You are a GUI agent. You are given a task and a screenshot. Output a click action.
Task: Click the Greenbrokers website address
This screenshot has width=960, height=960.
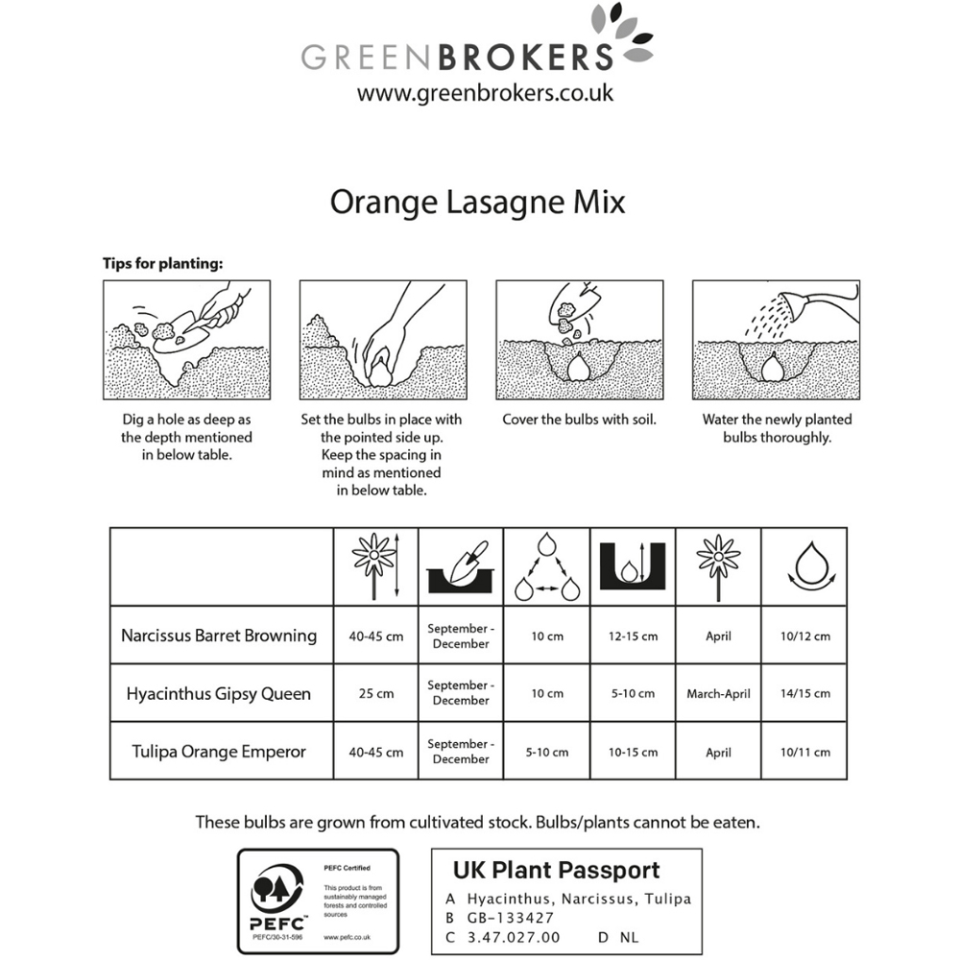pos(485,93)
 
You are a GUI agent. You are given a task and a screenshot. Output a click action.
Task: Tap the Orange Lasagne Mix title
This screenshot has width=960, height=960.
pos(477,204)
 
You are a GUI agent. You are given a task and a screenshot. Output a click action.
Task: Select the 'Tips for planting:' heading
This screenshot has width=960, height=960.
pos(162,262)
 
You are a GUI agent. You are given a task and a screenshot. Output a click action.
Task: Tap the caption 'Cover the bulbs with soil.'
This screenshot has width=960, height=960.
pos(579,420)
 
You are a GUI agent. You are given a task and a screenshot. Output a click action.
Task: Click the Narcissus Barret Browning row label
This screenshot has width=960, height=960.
pos(219,636)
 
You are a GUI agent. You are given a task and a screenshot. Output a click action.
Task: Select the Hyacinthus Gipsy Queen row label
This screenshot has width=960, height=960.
pos(219,693)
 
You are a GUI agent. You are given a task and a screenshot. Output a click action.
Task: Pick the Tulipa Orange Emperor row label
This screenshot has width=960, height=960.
pos(219,752)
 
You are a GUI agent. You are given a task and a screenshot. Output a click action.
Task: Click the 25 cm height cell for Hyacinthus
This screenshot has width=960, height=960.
pos(375,693)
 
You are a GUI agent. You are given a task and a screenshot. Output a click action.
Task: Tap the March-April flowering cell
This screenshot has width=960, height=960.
pos(718,693)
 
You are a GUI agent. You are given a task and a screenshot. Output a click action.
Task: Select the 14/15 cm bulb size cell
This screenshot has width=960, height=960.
pos(805,693)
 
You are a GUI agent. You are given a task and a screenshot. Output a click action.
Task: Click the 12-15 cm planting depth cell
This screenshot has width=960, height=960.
pos(633,636)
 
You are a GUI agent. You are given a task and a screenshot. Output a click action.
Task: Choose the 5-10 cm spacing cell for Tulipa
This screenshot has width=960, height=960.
pos(546,752)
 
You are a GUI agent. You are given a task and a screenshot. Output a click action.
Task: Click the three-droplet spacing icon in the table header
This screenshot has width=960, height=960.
pos(547,567)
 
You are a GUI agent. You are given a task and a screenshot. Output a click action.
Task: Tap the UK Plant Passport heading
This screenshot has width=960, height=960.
pos(556,871)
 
